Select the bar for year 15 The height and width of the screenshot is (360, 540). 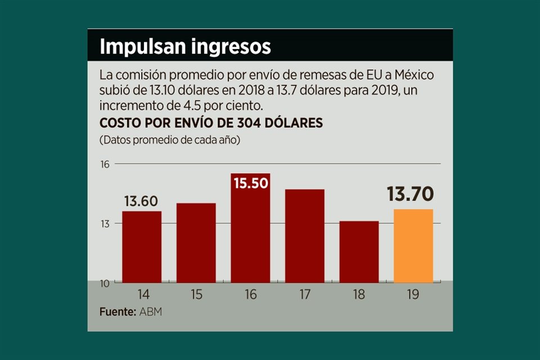[x=196, y=242]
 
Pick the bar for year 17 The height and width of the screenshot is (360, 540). [x=304, y=236]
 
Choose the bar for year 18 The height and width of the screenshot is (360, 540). [x=359, y=251]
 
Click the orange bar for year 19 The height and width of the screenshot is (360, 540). [x=413, y=246]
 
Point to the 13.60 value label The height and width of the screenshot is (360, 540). [x=141, y=201]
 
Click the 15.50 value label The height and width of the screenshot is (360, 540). [x=250, y=183]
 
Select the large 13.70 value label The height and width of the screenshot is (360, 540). [x=410, y=194]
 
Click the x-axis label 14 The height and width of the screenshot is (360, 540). [x=142, y=294]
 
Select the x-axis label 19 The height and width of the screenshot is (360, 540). [x=413, y=294]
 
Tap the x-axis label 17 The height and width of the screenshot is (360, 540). [x=304, y=294]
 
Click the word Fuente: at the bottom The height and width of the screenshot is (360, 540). [x=117, y=312]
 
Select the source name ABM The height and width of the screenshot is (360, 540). [x=150, y=312]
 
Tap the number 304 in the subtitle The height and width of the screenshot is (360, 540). [x=233, y=123]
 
